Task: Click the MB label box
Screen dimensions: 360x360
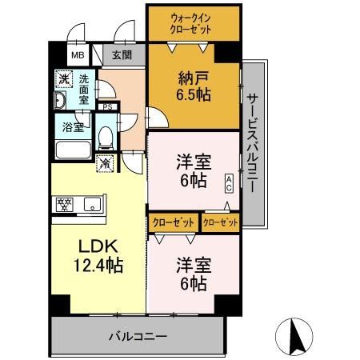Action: [78, 55]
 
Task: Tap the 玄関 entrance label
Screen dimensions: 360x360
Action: [122, 55]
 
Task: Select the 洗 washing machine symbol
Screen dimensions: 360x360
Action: [62, 80]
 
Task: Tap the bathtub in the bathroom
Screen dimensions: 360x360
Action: [74, 150]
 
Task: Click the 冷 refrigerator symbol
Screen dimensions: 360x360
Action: [106, 163]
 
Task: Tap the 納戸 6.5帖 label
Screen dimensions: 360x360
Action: [193, 86]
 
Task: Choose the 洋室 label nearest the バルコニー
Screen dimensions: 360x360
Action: [192, 274]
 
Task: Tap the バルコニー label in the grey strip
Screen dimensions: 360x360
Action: [136, 336]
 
